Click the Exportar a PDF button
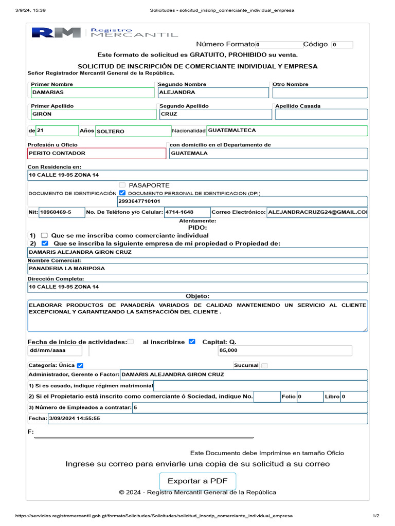197,481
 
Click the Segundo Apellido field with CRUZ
213,114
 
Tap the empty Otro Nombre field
320,92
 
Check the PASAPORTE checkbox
122,185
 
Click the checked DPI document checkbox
122,193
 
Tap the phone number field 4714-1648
187,212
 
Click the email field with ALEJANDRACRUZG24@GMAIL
317,212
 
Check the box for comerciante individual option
44,235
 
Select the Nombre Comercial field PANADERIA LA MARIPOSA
198,269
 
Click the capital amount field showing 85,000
285,350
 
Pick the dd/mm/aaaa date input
55,350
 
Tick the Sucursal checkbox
264,366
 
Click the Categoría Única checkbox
80,366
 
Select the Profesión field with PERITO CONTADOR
97,153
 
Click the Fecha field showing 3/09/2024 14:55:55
207,419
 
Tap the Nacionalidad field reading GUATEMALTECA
287,130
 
